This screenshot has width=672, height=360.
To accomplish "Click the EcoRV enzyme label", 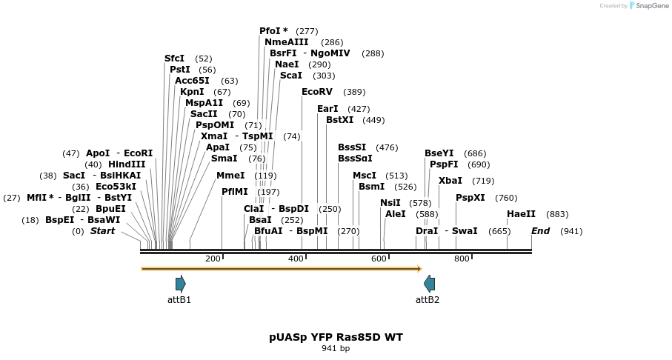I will coord(317,92).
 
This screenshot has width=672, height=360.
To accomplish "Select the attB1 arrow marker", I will coord(180,283).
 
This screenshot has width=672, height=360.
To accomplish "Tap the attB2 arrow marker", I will coord(429,283).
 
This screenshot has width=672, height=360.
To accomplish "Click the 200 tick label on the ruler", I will coord(213,259).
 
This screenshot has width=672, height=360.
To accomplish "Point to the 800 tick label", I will coord(462,259).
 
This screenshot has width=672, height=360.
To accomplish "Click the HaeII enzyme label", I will coord(521,214).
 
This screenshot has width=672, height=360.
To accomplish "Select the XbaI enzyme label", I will coord(450,181).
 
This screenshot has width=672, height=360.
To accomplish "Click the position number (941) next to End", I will coord(571,231).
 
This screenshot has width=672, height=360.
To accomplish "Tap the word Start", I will coord(102,231).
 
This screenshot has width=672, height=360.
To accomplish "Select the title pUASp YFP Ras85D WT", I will coord(336,337).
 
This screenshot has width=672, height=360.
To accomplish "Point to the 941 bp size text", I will coord(336,348).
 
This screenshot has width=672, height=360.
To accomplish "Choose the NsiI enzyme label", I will coord(390,203).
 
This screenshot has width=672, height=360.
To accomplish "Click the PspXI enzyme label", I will coord(470,198).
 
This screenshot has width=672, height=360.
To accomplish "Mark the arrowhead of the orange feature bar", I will coord(419,269).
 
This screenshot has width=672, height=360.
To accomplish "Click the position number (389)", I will coord(355,92).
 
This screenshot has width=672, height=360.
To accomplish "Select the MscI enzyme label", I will coord(365,176).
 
